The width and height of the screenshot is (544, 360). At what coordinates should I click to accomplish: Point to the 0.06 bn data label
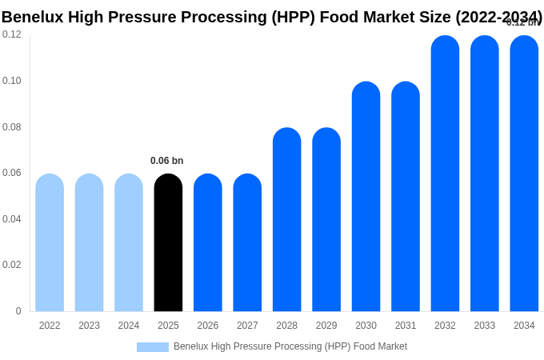(166, 161)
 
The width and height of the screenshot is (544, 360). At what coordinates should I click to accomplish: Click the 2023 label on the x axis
(89, 326)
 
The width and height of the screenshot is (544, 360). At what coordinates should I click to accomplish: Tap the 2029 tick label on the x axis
(326, 326)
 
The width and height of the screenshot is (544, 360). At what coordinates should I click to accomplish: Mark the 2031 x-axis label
(406, 326)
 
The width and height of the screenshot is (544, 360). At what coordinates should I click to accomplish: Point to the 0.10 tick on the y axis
(12, 81)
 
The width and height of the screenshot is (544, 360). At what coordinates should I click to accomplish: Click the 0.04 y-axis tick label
(12, 219)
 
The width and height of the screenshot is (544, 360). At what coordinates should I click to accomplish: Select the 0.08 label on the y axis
(12, 127)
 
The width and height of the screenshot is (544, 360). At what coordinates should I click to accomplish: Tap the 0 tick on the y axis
(18, 311)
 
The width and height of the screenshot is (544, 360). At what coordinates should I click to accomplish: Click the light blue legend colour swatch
(152, 347)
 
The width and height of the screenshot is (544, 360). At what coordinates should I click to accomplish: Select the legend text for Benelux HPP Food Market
(290, 346)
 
